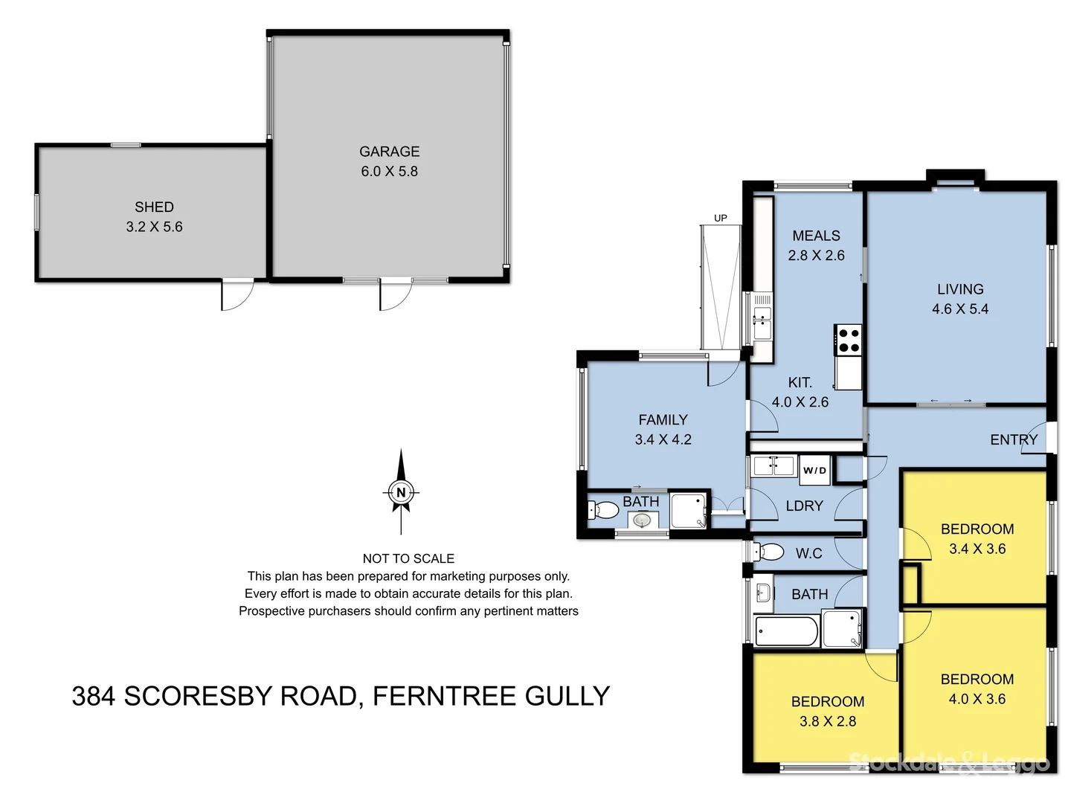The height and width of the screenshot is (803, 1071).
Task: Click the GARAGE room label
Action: coord(389,152)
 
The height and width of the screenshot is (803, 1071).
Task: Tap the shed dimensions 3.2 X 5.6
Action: coord(154,227)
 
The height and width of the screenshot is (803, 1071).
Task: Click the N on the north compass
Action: coord(401,492)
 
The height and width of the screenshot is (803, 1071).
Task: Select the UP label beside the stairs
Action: coord(720,218)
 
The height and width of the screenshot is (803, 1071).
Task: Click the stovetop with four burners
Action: coord(849,341)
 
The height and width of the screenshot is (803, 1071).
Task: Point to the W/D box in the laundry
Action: coord(814,470)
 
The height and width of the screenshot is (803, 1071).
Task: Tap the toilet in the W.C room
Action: coord(769,552)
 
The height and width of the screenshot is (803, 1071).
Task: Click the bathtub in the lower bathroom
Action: coord(786,632)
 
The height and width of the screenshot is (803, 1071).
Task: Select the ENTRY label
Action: coord(1013,440)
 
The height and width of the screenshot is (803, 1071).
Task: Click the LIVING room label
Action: coord(959,289)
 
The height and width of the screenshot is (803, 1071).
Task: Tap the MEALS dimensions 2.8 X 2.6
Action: coord(816,255)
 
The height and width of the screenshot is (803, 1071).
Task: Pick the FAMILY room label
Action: coord(663,420)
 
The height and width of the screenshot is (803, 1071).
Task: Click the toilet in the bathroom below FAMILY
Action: coord(604,510)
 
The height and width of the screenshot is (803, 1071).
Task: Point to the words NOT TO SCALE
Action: coord(408,558)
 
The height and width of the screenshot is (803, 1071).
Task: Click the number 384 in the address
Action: coord(93,697)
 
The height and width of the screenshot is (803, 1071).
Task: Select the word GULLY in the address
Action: coord(567,697)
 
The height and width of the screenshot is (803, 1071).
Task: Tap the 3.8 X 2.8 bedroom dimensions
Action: coord(827,721)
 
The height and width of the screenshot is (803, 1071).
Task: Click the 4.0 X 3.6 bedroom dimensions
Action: coord(977,699)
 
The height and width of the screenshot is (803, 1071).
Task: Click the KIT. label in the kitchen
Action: coord(800,382)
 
